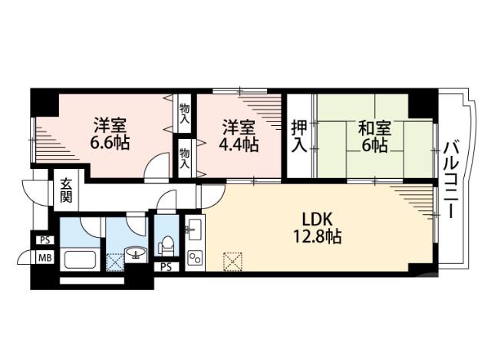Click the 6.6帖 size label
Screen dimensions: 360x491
coord(111,142)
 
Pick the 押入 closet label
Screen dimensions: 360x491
coord(299,136)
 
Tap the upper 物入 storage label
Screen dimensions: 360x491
coord(185,113)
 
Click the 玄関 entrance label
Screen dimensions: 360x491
coord(65,190)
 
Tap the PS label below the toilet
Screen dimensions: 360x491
coord(166,266)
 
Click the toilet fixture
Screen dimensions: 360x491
coord(165,245)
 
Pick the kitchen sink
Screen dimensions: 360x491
coord(193,228)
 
